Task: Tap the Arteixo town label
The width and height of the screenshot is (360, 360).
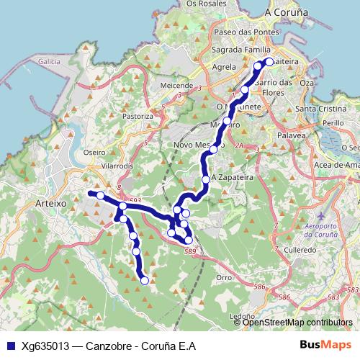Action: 50,204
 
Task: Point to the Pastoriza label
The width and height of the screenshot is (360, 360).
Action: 138,115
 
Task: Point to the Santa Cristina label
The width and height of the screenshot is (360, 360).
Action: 320,109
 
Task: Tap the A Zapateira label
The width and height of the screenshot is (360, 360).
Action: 233,177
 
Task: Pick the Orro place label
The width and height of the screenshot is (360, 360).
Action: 224,276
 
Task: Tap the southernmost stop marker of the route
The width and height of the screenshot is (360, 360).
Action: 145,280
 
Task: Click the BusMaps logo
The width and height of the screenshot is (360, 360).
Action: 323,344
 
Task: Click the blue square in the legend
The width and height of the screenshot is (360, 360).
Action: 10,345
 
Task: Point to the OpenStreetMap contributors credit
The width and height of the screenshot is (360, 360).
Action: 297,323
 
